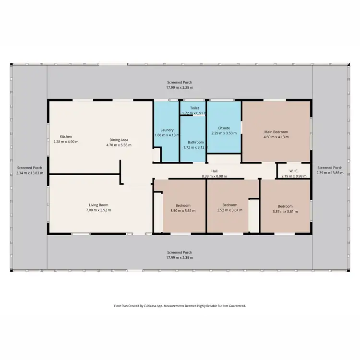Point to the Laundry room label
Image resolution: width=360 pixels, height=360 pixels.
(167, 130)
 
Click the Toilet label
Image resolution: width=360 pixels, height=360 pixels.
(194, 108)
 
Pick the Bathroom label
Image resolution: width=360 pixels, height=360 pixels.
(196, 142)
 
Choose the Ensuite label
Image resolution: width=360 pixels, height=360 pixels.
(224, 128)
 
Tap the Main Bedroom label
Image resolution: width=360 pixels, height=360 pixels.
(276, 132)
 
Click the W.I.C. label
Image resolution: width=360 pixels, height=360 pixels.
(294, 171)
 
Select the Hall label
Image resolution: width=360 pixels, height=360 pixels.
(214, 171)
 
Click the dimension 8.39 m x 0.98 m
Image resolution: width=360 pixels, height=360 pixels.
(214, 176)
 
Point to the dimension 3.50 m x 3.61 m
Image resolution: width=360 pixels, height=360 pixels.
(183, 211)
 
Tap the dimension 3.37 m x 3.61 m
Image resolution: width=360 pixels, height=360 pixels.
(285, 211)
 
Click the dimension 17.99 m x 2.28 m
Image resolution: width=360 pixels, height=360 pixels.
(180, 88)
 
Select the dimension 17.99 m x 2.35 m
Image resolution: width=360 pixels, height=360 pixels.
(180, 258)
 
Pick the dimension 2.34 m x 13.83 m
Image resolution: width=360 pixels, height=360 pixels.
(29, 173)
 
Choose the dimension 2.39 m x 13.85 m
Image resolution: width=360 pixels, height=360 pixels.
(330, 173)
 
